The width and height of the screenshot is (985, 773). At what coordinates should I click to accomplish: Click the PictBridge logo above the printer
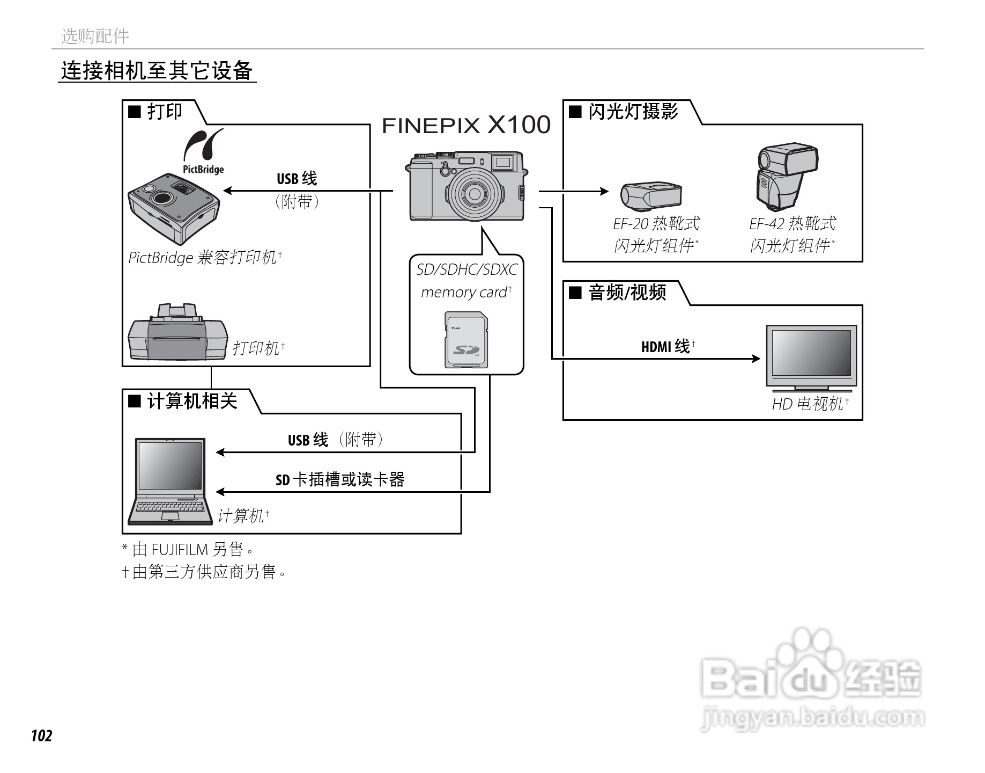pyautogui.click(x=203, y=152)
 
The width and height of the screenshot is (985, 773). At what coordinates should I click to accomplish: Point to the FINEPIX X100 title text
pyautogui.click(x=466, y=125)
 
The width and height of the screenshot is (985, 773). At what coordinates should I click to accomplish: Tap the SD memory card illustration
pyautogui.click(x=466, y=340)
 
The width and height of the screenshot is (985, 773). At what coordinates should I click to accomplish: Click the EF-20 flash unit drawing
pyautogui.click(x=651, y=195)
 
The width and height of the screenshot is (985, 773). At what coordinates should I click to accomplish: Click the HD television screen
pyautogui.click(x=811, y=353)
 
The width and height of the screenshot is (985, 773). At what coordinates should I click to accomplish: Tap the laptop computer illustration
pyautogui.click(x=170, y=481)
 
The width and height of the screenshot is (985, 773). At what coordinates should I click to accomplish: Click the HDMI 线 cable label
pyautogui.click(x=665, y=346)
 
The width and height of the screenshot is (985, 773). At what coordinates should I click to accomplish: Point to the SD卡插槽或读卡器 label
pyautogui.click(x=340, y=479)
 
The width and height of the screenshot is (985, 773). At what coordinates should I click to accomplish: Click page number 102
pyautogui.click(x=41, y=735)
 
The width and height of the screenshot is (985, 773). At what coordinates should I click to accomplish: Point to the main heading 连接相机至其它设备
pyautogui.click(x=157, y=71)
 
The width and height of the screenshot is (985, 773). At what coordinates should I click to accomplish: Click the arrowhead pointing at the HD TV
pyautogui.click(x=756, y=359)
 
